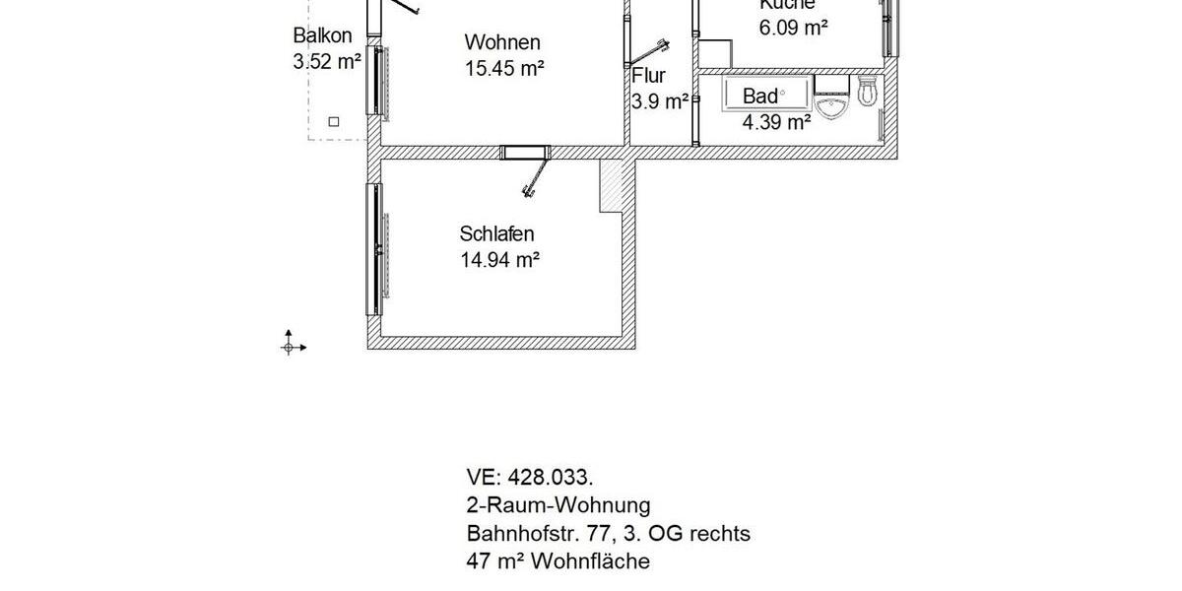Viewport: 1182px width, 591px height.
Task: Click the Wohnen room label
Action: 502,42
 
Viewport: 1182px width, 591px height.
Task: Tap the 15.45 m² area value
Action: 504,68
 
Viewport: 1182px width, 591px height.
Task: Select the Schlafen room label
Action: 496,234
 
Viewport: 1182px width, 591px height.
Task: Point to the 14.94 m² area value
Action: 499,260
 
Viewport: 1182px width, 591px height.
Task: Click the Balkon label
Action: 322,36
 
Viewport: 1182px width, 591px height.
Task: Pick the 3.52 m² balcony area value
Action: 327,61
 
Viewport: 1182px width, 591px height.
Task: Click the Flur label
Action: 649,75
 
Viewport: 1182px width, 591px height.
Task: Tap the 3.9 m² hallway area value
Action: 659,100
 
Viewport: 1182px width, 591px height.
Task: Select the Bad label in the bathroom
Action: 759,97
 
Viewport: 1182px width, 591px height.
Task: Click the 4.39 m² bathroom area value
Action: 776,122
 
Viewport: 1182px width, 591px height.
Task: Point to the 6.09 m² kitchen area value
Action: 793,28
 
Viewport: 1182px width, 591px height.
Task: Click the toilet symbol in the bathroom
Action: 867,94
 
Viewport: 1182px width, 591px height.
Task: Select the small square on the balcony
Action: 334,121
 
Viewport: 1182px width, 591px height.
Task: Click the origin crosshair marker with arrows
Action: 290,346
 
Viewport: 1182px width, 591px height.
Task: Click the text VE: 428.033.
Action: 530,478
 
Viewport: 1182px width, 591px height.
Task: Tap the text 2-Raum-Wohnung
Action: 558,505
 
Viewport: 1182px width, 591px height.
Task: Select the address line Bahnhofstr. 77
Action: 608,534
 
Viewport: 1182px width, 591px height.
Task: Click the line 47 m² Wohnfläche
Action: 558,561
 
